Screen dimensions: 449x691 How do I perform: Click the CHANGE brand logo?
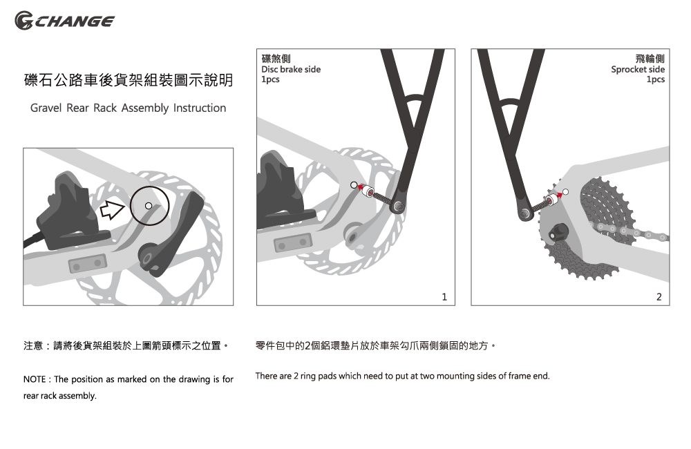click(65, 21)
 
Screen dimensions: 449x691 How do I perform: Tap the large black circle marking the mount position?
click(148, 206)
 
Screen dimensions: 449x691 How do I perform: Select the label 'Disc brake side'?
click(291, 69)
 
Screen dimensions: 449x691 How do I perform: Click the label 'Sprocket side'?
click(638, 69)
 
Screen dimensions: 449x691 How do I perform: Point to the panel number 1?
click(444, 297)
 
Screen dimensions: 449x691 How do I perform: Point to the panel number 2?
click(659, 297)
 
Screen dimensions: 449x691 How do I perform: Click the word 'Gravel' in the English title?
click(46, 108)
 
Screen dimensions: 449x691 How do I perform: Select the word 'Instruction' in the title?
click(200, 108)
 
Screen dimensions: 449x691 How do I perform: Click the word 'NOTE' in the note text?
click(35, 380)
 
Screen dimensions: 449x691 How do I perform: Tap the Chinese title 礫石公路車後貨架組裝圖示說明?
click(129, 82)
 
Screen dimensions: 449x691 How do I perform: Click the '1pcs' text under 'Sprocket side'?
click(655, 79)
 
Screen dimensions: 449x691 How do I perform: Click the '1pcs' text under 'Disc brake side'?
click(270, 79)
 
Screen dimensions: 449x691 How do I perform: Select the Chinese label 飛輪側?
click(650, 59)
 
